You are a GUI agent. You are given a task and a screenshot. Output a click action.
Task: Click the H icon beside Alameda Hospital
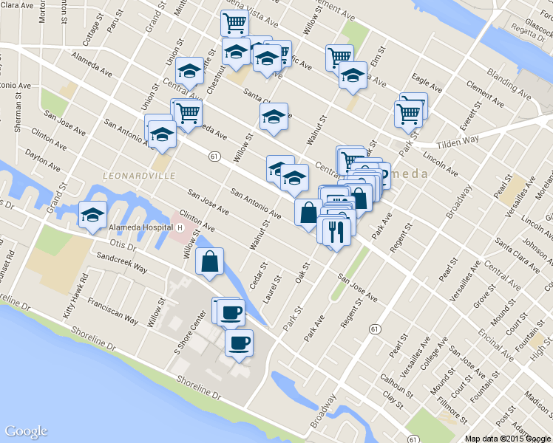pyautogui.click(x=180, y=228)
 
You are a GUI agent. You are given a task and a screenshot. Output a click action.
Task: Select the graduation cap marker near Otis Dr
pyautogui.click(x=92, y=215)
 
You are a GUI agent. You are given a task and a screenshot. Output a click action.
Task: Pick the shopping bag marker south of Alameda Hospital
pyautogui.click(x=210, y=261)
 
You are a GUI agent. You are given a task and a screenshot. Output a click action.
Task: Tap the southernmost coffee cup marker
pyautogui.click(x=239, y=343)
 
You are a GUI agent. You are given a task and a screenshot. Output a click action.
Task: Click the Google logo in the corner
pyautogui.click(x=26, y=431)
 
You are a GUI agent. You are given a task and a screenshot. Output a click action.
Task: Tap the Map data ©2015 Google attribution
pyautogui.click(x=508, y=438)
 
